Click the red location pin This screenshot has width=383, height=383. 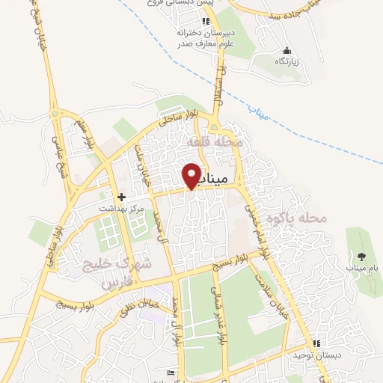click(x=192, y=175)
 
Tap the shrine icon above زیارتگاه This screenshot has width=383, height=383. click(x=286, y=50)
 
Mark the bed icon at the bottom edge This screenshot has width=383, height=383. click(x=172, y=372)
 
